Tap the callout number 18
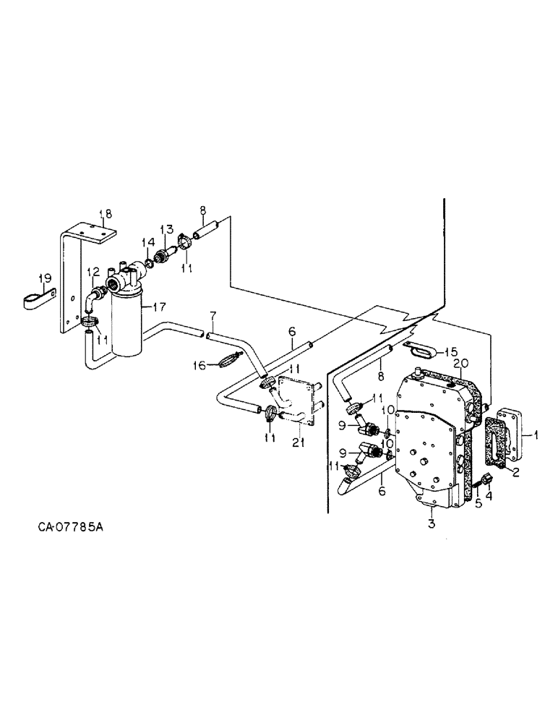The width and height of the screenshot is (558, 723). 106,214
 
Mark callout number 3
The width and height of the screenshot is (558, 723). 431,523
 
